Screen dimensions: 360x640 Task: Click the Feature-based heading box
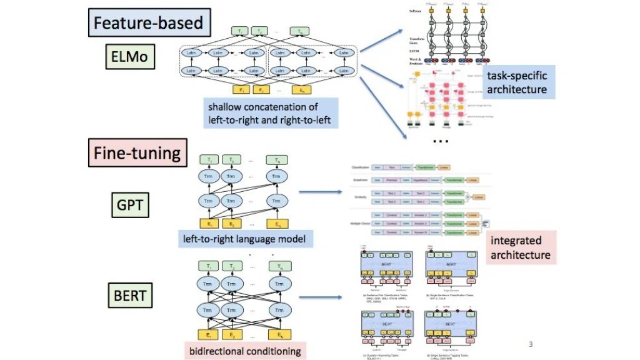148,24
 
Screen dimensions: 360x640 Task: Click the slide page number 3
531,344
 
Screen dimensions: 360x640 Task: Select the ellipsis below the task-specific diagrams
441,141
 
